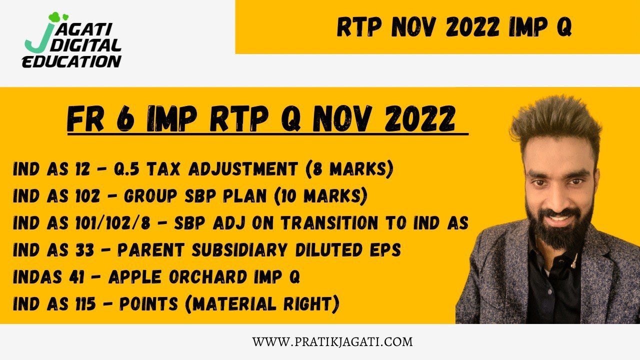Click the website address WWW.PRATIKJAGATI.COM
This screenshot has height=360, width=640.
coord(332,342)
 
